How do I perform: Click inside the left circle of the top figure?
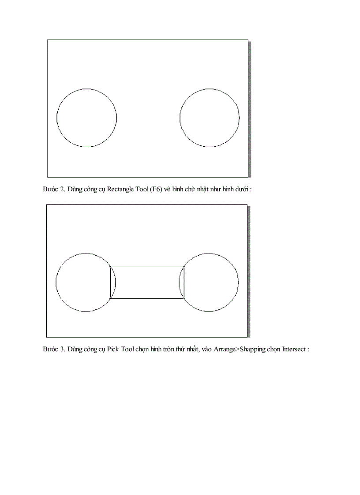(x=86, y=118)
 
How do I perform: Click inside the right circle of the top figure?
(x=210, y=118)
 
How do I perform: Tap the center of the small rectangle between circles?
(x=147, y=283)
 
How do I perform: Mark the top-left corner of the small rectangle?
(x=110, y=266)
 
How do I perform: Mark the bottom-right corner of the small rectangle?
(x=184, y=298)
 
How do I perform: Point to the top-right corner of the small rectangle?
(x=184, y=266)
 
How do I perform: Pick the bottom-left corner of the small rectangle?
(x=110, y=298)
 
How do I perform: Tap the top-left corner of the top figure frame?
(x=48, y=40)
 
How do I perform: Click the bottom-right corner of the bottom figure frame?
(x=247, y=337)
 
